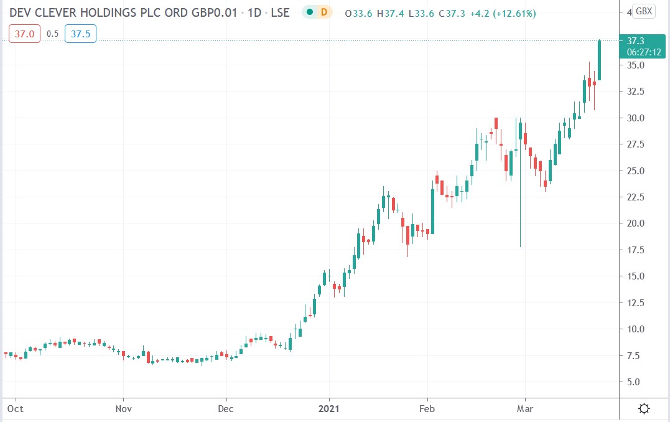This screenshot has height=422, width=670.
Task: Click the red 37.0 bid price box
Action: click(x=24, y=34)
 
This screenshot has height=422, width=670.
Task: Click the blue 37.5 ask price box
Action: click(x=80, y=34)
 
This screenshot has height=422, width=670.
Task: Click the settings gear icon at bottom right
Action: click(x=644, y=409)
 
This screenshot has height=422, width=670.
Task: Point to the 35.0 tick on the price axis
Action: click(x=635, y=65)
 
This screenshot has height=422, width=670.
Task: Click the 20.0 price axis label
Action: click(x=635, y=223)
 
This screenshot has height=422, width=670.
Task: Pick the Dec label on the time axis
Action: click(x=226, y=409)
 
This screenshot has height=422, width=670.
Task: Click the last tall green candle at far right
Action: click(x=600, y=60)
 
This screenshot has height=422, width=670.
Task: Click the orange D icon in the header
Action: click(x=323, y=12)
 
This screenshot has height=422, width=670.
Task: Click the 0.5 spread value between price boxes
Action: click(x=52, y=34)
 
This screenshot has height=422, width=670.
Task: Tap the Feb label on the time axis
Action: click(x=427, y=409)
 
